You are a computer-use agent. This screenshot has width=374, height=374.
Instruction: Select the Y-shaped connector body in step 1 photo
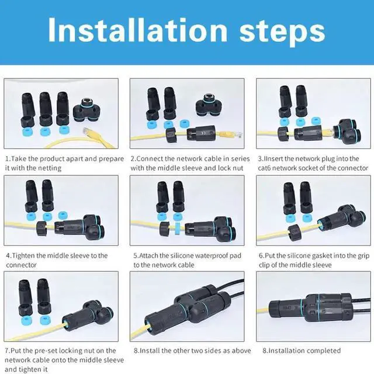coord(88,108)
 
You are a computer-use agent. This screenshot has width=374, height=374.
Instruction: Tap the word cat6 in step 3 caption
coord(268,168)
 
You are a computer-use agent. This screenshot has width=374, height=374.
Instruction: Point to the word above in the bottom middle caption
coord(239,351)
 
